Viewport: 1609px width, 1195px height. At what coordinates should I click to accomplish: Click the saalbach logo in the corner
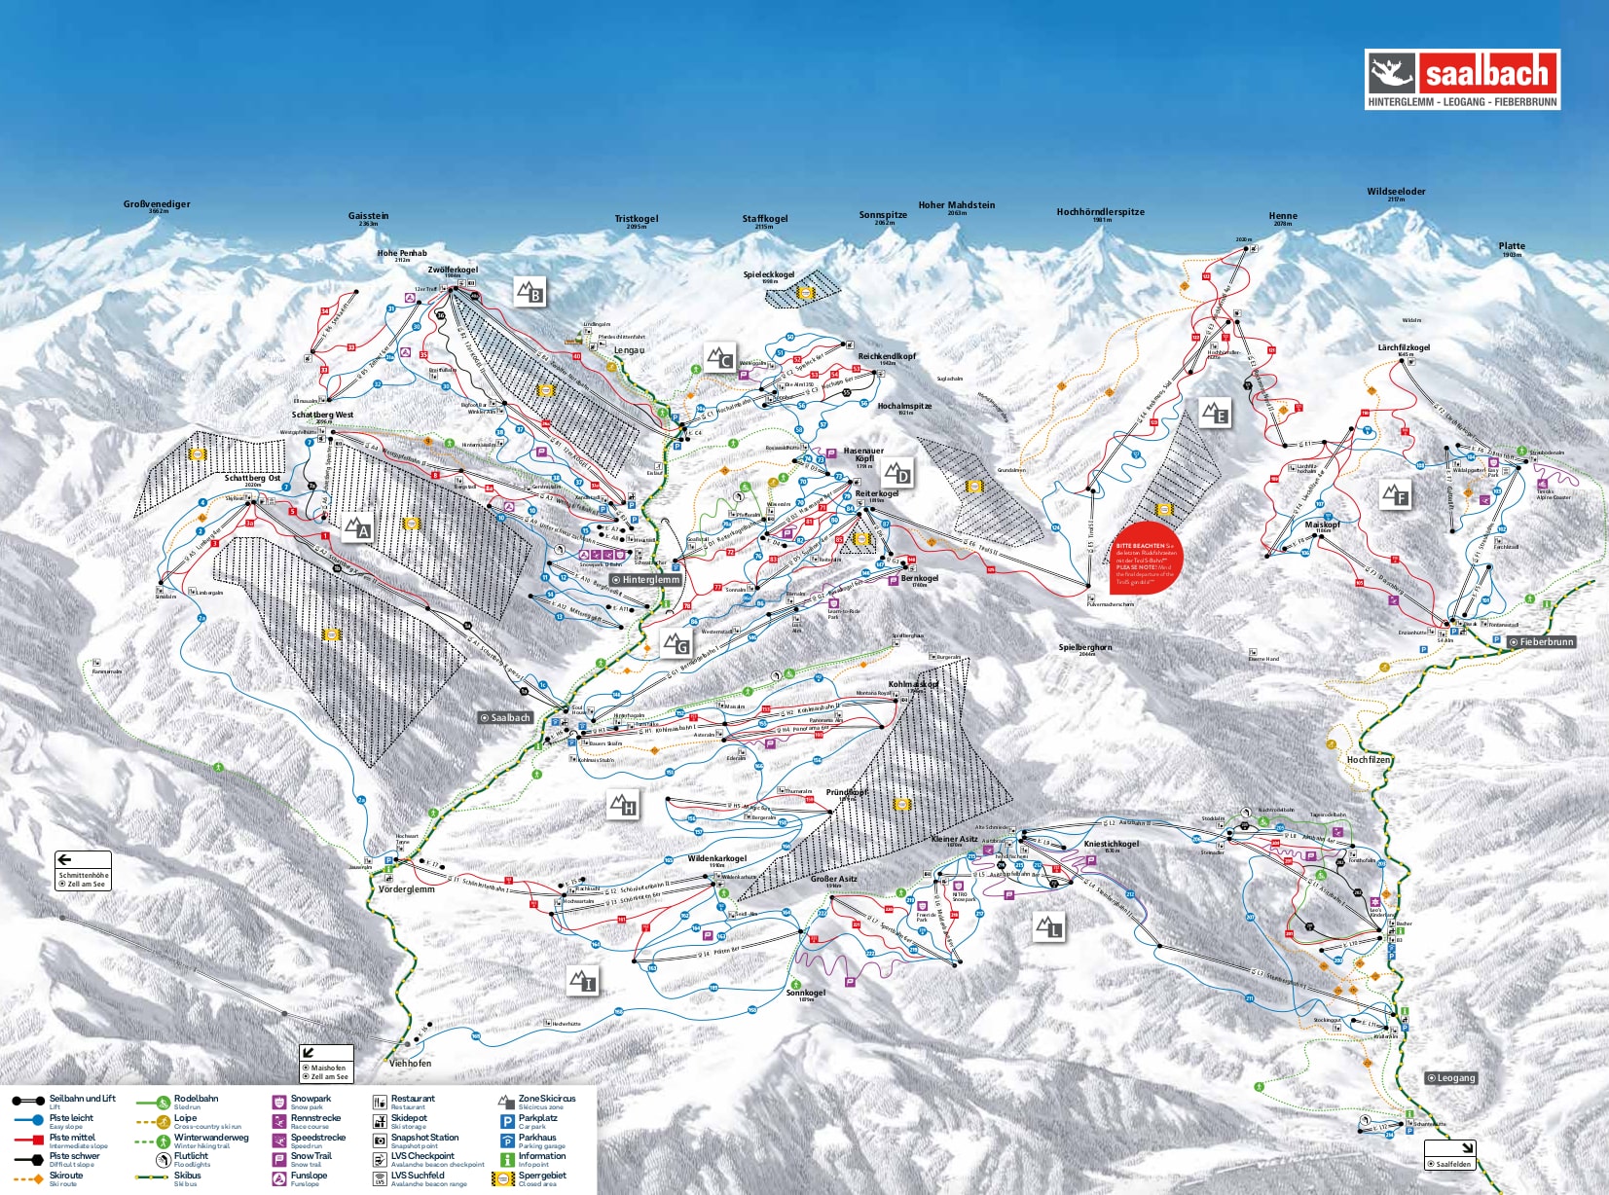pyautogui.click(x=1462, y=79)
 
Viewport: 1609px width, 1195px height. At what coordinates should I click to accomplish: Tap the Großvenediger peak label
pyautogui.click(x=157, y=205)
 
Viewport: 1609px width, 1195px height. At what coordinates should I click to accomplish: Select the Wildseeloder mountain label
pyautogui.click(x=1396, y=193)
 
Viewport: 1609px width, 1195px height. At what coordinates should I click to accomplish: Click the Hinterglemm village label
pyautogui.click(x=645, y=579)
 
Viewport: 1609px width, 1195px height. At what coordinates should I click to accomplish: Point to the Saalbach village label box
pyautogui.click(x=505, y=717)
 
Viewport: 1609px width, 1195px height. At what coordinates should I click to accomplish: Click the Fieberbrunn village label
pyautogui.click(x=1541, y=642)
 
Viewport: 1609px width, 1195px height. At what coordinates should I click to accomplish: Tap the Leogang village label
pyautogui.click(x=1451, y=1077)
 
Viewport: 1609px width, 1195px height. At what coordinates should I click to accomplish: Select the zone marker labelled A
pyautogui.click(x=358, y=528)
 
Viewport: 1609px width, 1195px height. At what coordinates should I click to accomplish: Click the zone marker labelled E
pyautogui.click(x=1215, y=414)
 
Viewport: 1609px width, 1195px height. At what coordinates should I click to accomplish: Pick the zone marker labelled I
pyautogui.click(x=582, y=981)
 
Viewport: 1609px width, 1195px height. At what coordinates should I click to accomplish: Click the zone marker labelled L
pyautogui.click(x=1048, y=927)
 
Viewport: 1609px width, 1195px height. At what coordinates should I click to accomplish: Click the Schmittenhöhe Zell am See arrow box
pyautogui.click(x=83, y=871)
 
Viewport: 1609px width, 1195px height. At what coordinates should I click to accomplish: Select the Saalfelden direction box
pyautogui.click(x=1449, y=1155)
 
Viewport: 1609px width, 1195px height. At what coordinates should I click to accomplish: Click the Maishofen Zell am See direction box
pyautogui.click(x=326, y=1064)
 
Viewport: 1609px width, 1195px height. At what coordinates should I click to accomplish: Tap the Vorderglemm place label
pyautogui.click(x=407, y=889)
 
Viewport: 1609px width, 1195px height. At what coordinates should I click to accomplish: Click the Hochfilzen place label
pyautogui.click(x=1369, y=760)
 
